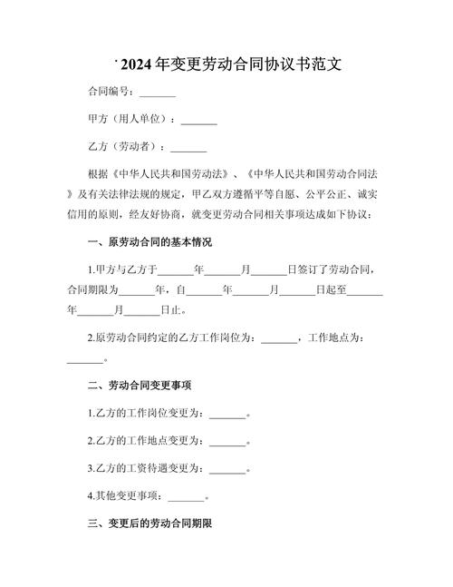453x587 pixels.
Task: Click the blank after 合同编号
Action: coord(158,93)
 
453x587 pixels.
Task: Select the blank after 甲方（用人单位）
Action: coord(199,120)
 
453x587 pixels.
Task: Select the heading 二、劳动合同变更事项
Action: coord(138,386)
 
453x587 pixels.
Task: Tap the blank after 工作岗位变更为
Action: coord(227,414)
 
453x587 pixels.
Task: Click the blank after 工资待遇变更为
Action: coord(227,469)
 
